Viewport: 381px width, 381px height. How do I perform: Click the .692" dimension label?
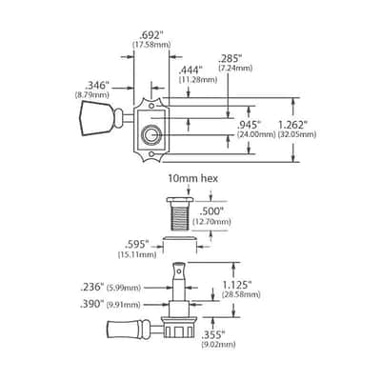click(x=151, y=35)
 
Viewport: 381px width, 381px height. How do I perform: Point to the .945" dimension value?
click(x=250, y=125)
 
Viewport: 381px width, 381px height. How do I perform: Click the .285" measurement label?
click(x=231, y=59)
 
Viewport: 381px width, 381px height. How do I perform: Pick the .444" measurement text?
click(x=190, y=70)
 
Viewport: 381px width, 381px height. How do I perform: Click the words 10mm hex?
click(x=193, y=179)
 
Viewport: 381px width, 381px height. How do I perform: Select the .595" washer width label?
click(x=137, y=245)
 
